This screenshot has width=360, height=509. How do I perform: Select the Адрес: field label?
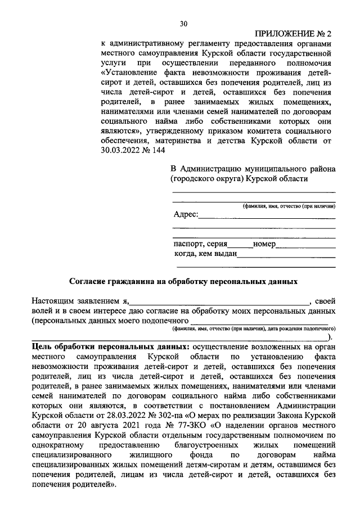pyautogui.click(x=185, y=215)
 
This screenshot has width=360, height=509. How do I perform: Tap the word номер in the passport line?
pyautogui.click(x=264, y=245)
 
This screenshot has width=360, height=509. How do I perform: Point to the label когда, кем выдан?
pyautogui.click(x=206, y=254)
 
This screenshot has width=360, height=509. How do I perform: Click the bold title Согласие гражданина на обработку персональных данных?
pyautogui.click(x=183, y=280)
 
